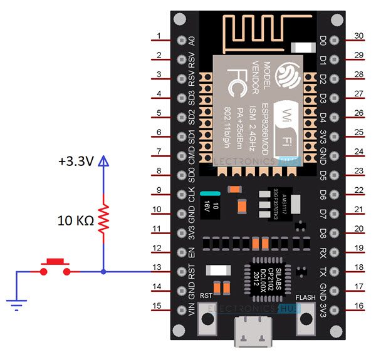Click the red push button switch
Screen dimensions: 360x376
pyautogui.click(x=55, y=267)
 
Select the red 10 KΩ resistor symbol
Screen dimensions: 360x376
pyautogui.click(x=103, y=219)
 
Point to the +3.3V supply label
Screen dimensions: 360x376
pyautogui.click(x=77, y=162)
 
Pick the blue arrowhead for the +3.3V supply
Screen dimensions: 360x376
pyautogui.click(x=103, y=161)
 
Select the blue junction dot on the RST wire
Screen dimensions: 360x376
pyautogui.click(x=103, y=272)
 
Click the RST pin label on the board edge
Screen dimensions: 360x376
pyautogui.click(x=192, y=271)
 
